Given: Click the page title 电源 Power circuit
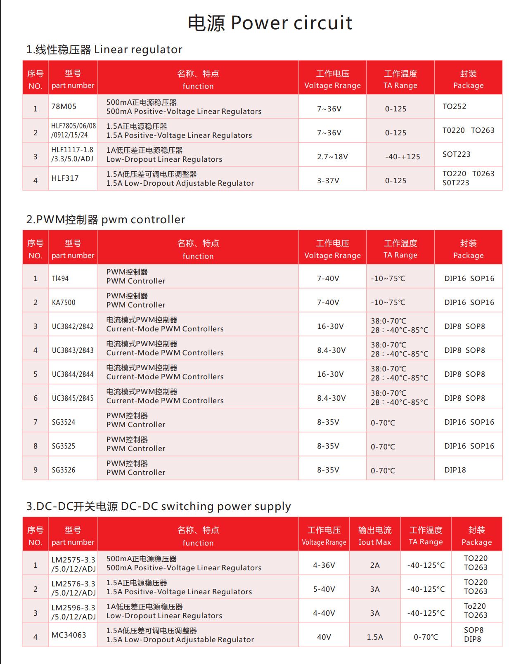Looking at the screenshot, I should click(270, 23).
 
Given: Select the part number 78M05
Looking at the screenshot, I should click(64, 106).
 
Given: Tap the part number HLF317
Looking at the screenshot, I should click(65, 178).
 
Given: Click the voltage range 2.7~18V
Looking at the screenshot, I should click(332, 157).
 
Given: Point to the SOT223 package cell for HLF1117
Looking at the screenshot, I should click(456, 154).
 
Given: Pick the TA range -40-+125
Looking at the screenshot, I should click(402, 157).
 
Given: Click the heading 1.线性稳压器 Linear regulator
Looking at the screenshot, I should click(104, 50).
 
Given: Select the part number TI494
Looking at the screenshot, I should click(60, 279).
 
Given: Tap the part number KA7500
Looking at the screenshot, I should click(64, 302).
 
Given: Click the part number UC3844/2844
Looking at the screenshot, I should click(73, 374).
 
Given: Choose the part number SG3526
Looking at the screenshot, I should click(64, 470).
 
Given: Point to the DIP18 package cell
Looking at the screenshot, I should click(455, 470).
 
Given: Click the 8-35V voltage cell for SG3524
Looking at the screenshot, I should click(328, 422).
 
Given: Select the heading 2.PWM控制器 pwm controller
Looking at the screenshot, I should click(106, 220).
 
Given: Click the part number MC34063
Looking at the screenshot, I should click(69, 635).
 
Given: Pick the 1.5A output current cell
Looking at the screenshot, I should click(374, 637).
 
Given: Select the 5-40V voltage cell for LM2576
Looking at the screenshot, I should click(324, 589).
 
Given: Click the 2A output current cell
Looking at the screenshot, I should click(374, 565).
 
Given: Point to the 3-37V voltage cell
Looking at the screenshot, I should click(328, 181).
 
